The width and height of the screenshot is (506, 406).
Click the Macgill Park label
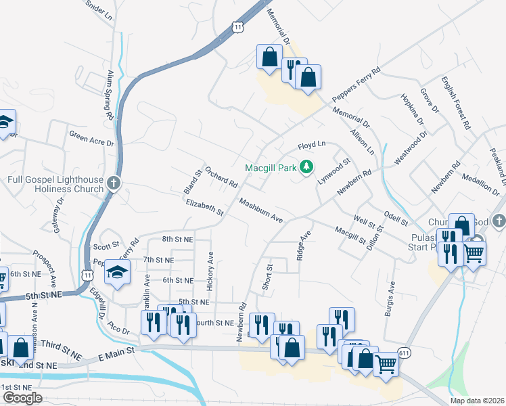point(271,167)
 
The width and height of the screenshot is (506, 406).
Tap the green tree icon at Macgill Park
point(306,166)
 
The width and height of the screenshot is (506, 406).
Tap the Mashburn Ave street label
point(260,211)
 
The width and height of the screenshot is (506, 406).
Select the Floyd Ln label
point(312,145)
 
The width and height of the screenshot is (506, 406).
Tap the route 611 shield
point(405,353)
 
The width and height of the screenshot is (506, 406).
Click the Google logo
point(22,398)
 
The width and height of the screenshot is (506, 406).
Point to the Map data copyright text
point(476,401)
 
